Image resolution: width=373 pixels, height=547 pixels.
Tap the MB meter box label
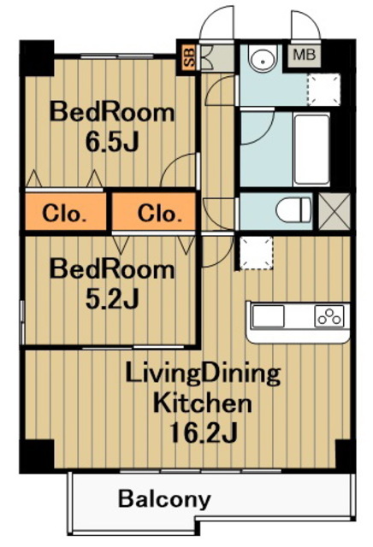[304, 55]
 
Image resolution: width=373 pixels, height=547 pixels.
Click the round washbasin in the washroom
[263, 61]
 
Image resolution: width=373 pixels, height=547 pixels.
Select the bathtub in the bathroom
[312, 150]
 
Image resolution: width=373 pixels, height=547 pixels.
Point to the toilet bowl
[293, 210]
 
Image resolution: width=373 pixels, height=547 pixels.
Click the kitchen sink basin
[269, 316]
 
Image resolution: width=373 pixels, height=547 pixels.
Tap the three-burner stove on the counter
[329, 316]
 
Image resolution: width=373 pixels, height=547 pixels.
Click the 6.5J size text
[112, 143]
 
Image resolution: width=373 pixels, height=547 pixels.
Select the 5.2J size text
[112, 299]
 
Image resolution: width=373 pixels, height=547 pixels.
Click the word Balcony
[164, 500]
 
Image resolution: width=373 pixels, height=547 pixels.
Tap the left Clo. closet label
[64, 214]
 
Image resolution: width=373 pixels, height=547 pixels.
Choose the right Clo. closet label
[160, 214]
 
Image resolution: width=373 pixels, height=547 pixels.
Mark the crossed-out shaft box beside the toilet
[335, 211]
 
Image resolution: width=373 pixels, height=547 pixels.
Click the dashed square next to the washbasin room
[323, 89]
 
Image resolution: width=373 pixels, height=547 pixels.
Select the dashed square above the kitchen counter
[257, 253]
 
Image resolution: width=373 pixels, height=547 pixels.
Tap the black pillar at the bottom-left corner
[37, 456]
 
